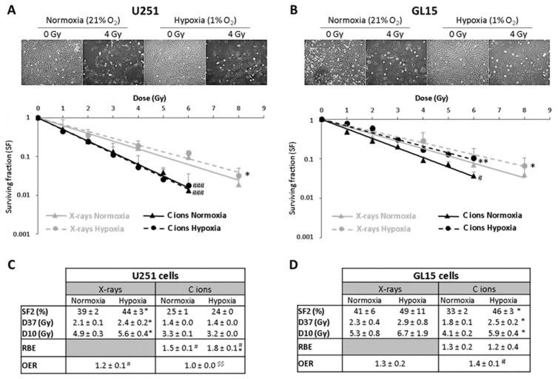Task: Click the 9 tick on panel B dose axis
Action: (548, 108)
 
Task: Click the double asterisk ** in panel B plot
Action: (483, 161)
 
